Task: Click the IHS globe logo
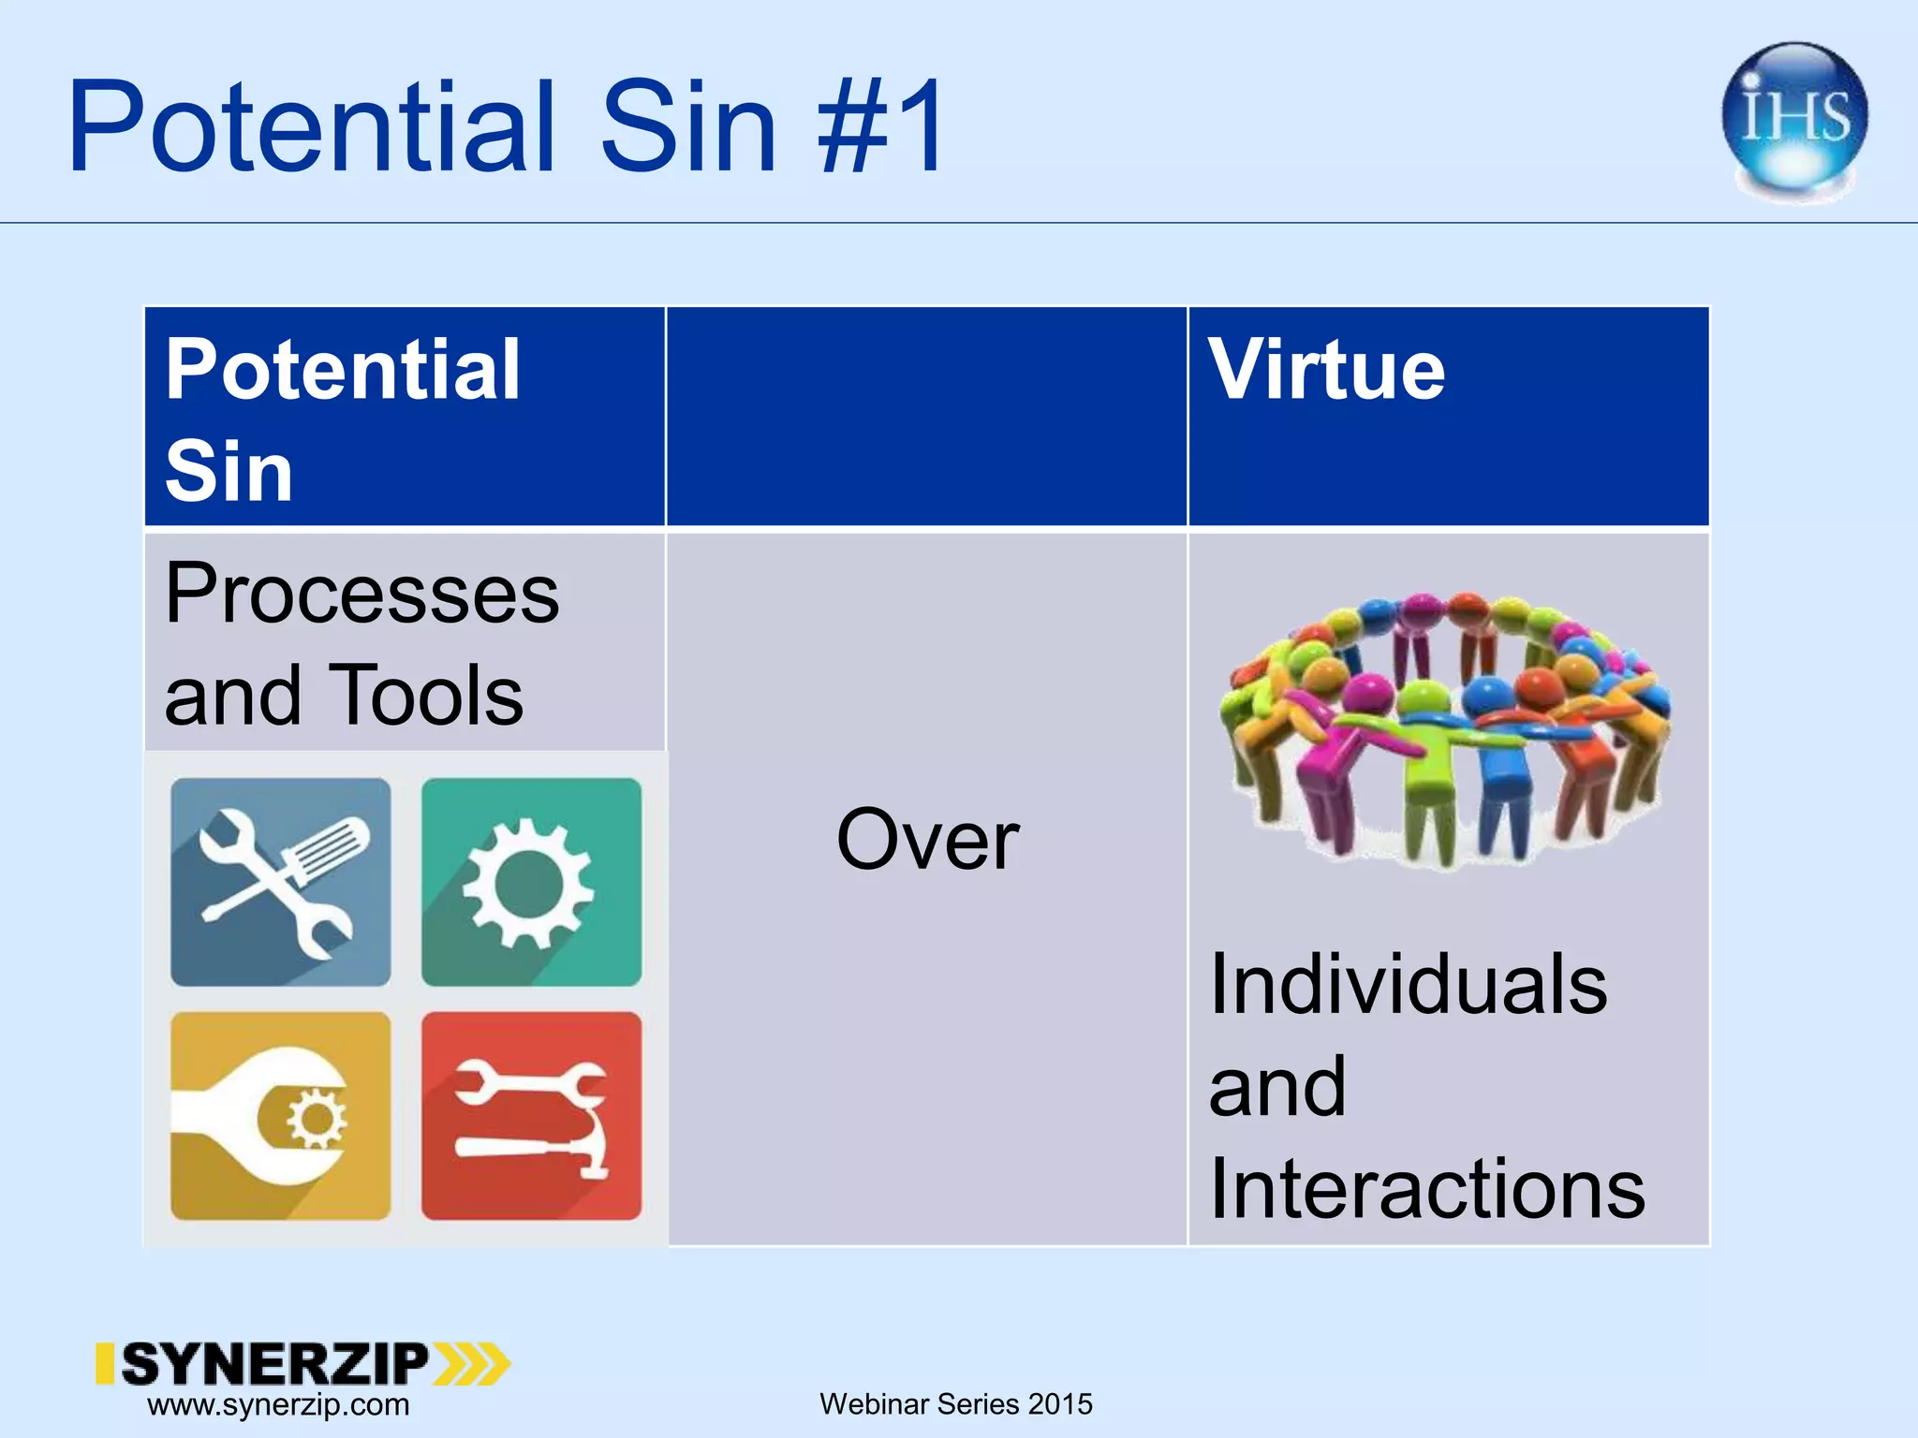(x=1794, y=119)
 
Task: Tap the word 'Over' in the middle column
(x=927, y=840)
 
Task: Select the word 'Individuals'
(x=1408, y=984)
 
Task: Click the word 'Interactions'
(x=1426, y=1188)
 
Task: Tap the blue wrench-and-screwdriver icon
(x=280, y=882)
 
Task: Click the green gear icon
(x=531, y=882)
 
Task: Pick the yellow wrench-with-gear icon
(x=280, y=1115)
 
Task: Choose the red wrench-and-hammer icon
(x=531, y=1115)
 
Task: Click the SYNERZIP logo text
(x=273, y=1363)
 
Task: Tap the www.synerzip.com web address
(x=278, y=1405)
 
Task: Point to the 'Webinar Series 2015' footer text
(x=955, y=1404)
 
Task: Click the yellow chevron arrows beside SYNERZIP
(x=473, y=1363)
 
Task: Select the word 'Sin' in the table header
(x=229, y=470)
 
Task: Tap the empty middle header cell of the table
(x=926, y=417)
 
